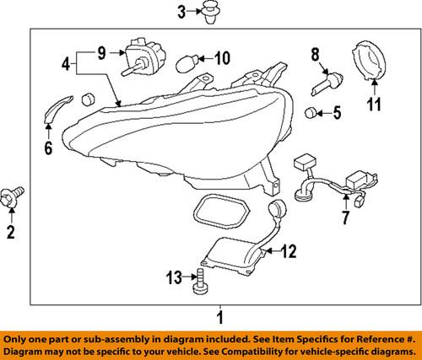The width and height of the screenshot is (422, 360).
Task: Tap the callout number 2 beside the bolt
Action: [x=12, y=231]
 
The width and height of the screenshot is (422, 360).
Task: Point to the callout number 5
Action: [x=336, y=111]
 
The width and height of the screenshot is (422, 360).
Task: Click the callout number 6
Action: [x=48, y=150]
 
